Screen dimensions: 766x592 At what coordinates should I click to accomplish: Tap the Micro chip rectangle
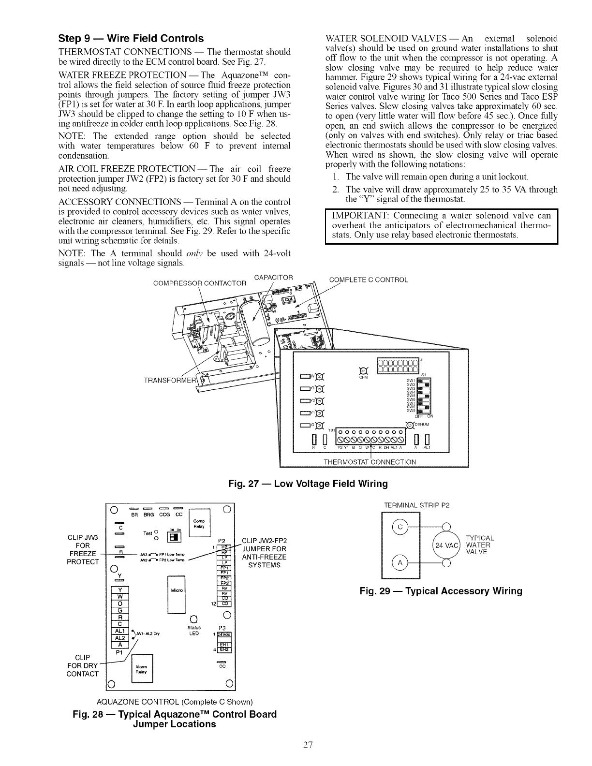coord(175,594)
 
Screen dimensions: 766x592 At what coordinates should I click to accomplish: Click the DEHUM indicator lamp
coord(410,425)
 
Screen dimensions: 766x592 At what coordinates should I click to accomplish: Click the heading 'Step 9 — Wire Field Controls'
coord(131,38)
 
